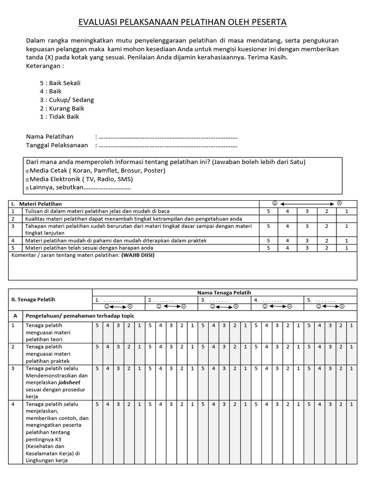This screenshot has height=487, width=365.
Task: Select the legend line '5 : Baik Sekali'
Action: point(60,83)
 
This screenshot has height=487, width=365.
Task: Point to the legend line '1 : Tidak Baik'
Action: point(59,117)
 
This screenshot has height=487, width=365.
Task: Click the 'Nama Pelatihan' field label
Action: point(50,137)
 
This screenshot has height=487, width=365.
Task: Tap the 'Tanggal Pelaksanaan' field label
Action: point(57,145)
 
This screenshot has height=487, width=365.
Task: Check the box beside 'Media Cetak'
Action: point(27,171)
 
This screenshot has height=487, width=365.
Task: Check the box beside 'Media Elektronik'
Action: point(27,180)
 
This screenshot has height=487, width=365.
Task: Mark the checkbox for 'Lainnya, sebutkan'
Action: point(27,188)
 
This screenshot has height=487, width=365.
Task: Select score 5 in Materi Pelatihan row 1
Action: point(269,211)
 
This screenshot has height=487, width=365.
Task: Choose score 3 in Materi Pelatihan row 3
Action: point(307,226)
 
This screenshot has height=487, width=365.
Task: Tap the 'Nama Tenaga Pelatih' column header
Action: point(224,292)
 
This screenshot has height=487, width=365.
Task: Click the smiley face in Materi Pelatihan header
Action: point(274,203)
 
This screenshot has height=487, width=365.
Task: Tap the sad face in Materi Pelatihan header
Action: point(339,203)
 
